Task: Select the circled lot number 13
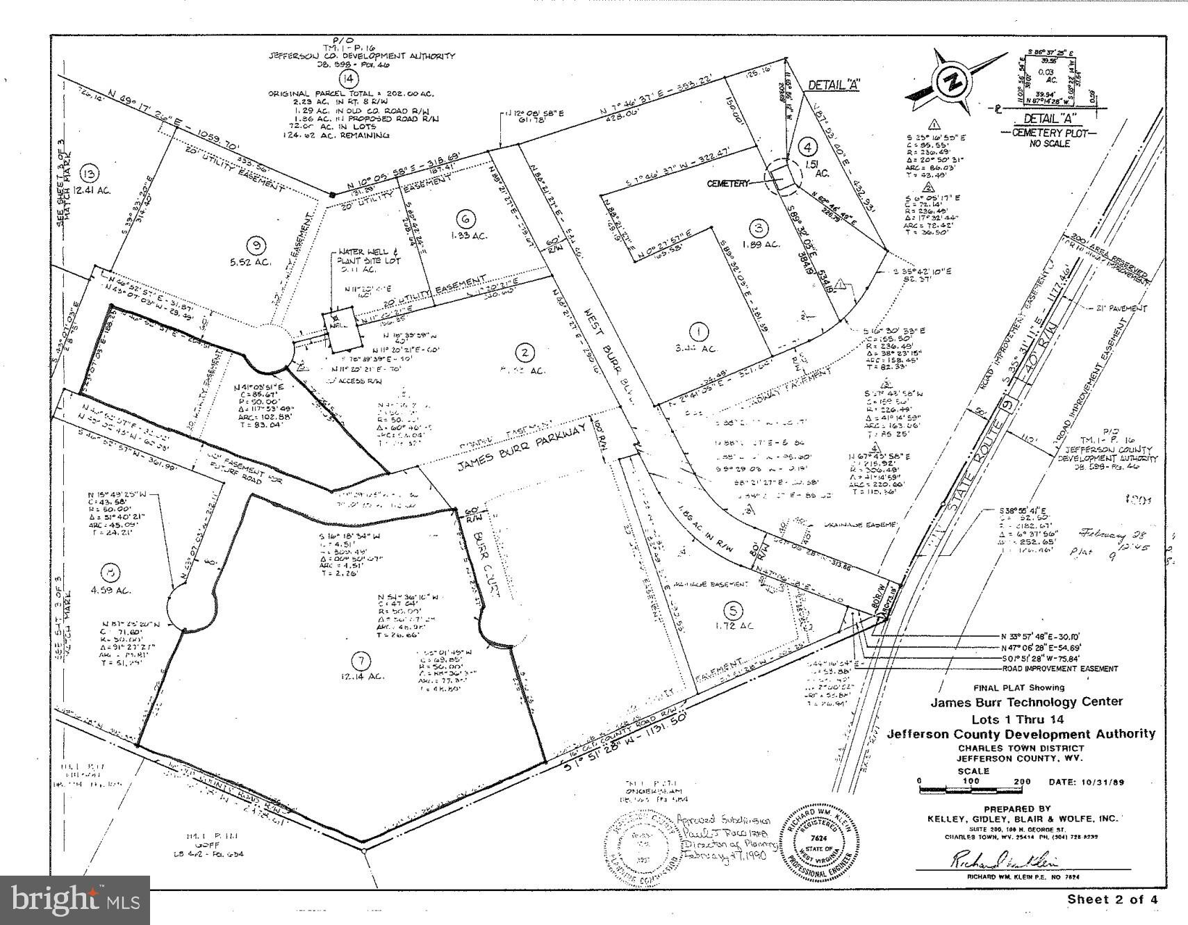(89, 174)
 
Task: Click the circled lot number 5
(732, 610)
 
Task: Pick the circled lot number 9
(258, 244)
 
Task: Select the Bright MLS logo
(75, 900)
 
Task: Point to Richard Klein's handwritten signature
(1004, 860)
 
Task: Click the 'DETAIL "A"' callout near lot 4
(833, 85)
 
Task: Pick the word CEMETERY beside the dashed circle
(728, 183)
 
